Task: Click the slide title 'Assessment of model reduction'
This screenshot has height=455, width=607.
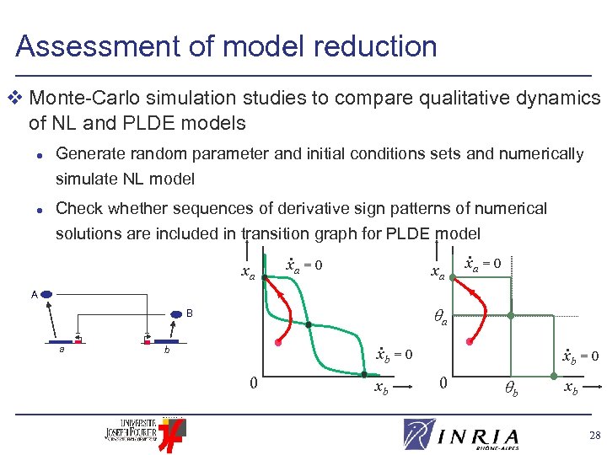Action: coord(226,45)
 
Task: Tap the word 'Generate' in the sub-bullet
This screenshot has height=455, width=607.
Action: coord(94,153)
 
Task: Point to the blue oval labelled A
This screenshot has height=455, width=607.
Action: coord(47,295)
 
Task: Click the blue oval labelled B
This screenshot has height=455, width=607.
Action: coord(176,314)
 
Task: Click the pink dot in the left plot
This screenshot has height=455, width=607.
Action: coord(278,343)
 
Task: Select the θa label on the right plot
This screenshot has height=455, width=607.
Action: coord(440,317)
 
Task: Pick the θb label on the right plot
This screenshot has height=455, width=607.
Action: coord(511,389)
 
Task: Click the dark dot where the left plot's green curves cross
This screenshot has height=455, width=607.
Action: coord(309,324)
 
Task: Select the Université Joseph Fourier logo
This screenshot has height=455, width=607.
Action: coord(141,432)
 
